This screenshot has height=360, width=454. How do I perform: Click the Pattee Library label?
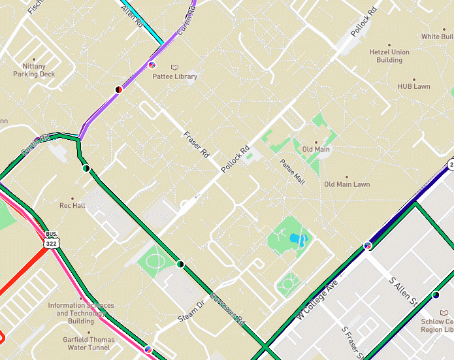pos(174,76)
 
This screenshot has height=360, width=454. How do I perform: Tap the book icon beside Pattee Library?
pos(174,67)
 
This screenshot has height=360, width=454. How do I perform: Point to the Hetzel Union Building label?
pos(389,56)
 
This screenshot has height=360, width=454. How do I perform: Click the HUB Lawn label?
pos(413,86)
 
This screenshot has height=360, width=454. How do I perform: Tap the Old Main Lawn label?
pos(347,184)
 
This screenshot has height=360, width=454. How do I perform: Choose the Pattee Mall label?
pos(292,172)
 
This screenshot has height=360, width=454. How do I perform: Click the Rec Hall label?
pos(72,205)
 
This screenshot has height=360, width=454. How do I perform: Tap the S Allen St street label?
pos(403,291)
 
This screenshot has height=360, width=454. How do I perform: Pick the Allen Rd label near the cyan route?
pos(132,15)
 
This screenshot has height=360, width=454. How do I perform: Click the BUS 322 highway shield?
pos(52,240)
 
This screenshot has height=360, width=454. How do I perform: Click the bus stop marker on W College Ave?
pos(368,245)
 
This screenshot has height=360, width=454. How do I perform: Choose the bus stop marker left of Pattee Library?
pos(152,65)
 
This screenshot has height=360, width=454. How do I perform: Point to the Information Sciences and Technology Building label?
pos(81,313)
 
